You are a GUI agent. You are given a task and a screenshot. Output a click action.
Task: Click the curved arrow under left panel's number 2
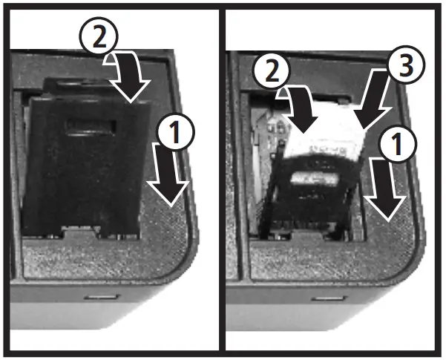[133, 78]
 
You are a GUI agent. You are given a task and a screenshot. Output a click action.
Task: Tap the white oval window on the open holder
[312, 179]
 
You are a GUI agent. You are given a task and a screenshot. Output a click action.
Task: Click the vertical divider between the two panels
[223, 178]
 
